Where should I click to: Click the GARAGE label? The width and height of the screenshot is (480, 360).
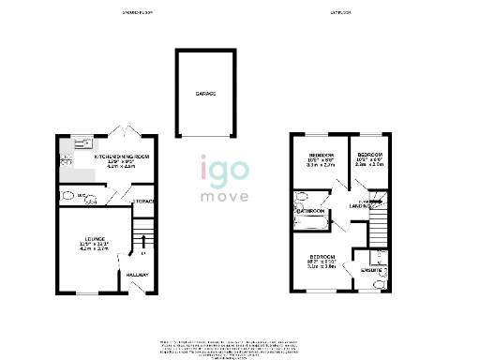click(205, 94)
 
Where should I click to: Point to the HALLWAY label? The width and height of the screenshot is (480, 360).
click(138, 275)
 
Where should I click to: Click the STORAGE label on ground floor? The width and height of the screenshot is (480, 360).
click(143, 201)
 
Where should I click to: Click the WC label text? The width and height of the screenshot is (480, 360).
click(82, 197)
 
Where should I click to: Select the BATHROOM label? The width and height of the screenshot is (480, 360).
click(310, 212)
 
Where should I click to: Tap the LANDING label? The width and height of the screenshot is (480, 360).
click(362, 205)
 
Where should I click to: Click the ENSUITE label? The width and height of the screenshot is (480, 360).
click(372, 270)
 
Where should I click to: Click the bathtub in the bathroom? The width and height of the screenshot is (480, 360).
click(301, 199)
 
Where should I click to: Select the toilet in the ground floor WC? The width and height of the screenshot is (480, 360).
click(68, 196)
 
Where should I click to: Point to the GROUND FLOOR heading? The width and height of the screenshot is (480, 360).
click(137, 13)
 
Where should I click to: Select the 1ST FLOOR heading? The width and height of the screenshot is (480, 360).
click(340, 13)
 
